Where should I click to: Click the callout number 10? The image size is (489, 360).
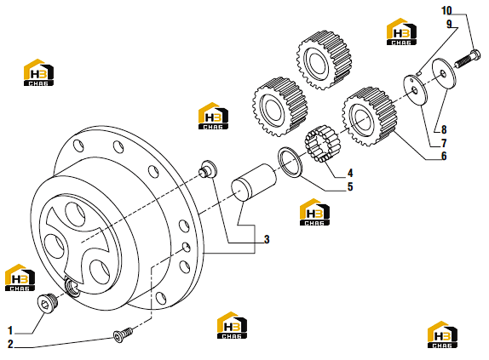pos(446,10)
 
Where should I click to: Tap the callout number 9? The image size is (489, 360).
pos(449,24)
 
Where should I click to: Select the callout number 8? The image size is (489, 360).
pos(444,129)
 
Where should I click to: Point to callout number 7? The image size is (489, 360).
pos(444,143)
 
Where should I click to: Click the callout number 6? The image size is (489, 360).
pos(444,156)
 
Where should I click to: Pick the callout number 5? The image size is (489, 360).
pos(350,186)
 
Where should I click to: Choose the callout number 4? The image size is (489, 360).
pos(350,173)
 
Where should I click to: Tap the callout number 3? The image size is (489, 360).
pos(267,239)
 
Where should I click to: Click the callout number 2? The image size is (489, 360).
pos(10,344)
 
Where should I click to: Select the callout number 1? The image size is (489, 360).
pos(10,330)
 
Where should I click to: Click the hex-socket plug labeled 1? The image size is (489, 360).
pos(47,302)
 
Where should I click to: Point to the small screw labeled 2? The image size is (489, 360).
pos(123,334)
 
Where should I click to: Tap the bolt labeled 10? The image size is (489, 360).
pos(467,59)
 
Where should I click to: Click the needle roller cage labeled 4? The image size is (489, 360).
pos(323,144)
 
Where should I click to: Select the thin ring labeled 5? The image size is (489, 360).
pos(290,162)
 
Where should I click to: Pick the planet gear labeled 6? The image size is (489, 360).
pos(369,117)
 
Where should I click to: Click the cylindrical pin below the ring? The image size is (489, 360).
pos(254,181)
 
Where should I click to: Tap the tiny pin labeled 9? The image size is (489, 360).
pos(419,73)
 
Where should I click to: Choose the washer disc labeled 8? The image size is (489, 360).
pos(444,74)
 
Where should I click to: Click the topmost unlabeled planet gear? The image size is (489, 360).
pos(324,60)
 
